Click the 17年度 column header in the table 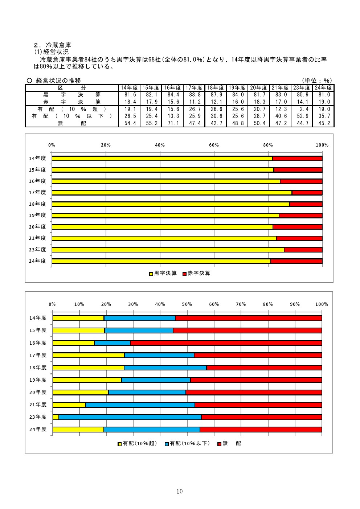(194, 88)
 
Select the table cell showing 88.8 (195, 95)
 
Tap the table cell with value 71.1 (173, 123)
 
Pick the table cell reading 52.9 (303, 116)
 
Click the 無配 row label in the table (72, 123)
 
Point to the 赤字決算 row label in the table (72, 102)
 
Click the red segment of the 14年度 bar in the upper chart (297, 159)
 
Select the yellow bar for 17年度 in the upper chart (172, 193)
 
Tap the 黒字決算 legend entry (163, 273)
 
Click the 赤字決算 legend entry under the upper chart (196, 273)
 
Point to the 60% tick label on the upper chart (214, 145)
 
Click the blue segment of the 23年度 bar (130, 417)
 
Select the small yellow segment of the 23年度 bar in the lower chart (56, 417)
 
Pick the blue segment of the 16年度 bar (112, 343)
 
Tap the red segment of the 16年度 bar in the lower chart (226, 343)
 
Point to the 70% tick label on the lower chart (241, 304)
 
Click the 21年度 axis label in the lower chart (38, 405)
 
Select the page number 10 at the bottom (180, 492)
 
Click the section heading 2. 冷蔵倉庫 (53, 45)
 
